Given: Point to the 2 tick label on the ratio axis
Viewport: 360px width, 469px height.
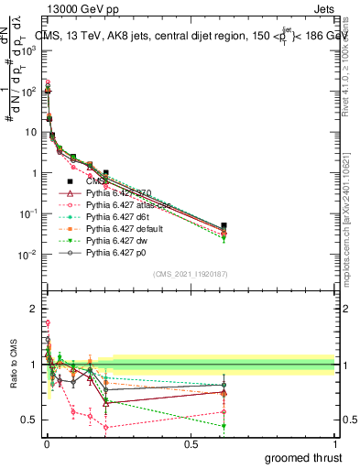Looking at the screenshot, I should point(33,309).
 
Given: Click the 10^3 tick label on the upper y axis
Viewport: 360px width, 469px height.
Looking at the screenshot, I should point(27,51).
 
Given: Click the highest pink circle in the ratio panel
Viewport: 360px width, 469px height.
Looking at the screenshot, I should point(47,322).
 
